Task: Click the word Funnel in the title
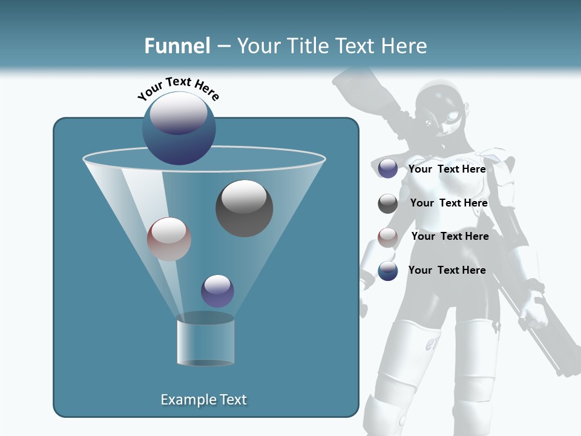point(177,46)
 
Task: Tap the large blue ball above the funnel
point(179,128)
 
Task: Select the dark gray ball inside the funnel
point(244,208)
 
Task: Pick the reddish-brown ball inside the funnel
point(169,239)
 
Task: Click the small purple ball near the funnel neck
point(217,291)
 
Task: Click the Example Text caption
point(204,400)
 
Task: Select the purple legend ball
point(388,169)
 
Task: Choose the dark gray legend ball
point(388,203)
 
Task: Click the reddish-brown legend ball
point(388,237)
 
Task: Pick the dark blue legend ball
point(388,271)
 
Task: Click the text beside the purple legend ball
point(447,170)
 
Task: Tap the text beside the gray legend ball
point(448,203)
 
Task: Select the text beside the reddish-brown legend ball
point(450,237)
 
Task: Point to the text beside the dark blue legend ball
point(447,271)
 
